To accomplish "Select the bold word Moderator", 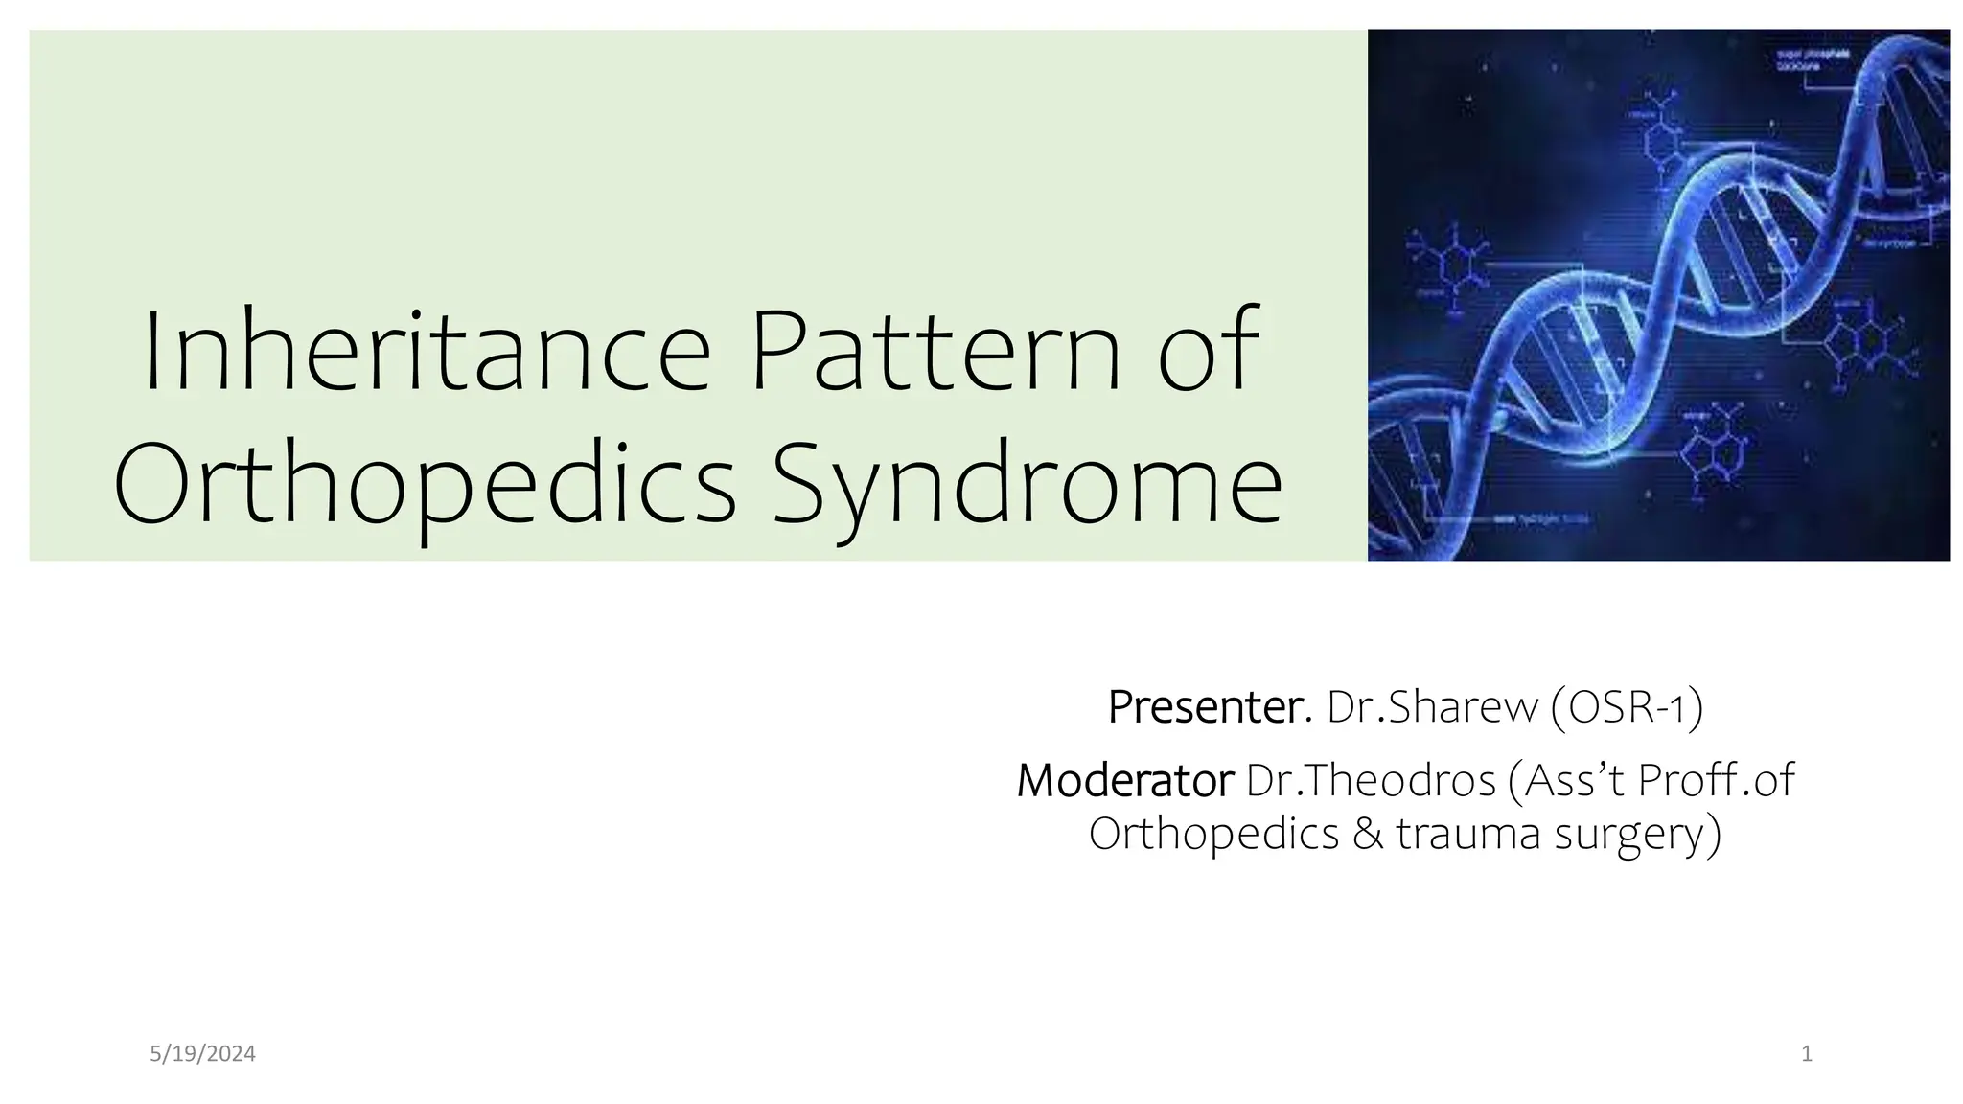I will coord(1124,781).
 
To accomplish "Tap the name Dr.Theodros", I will coord(1371,781).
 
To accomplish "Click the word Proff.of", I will coord(1715,781).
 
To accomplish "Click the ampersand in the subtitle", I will coord(1367,834).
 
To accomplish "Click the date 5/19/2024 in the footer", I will coord(203,1054).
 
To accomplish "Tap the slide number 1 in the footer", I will coord(1807,1054).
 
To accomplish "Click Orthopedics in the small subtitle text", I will coord(1213,834).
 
